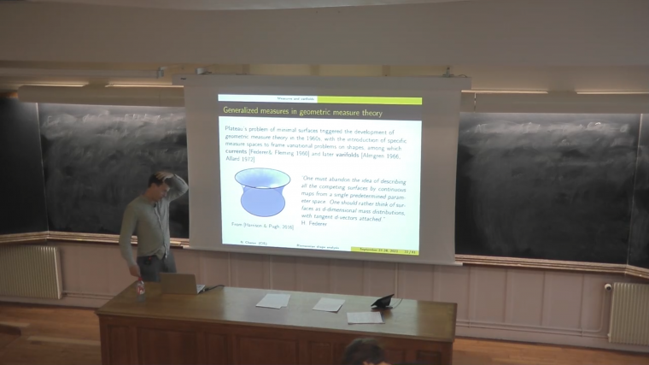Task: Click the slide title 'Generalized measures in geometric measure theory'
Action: tap(302, 112)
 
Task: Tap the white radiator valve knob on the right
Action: tap(607, 287)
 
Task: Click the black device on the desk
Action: tap(383, 301)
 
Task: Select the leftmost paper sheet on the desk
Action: tap(272, 300)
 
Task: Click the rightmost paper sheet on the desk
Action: tap(365, 317)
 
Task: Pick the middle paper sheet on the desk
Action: tap(328, 304)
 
